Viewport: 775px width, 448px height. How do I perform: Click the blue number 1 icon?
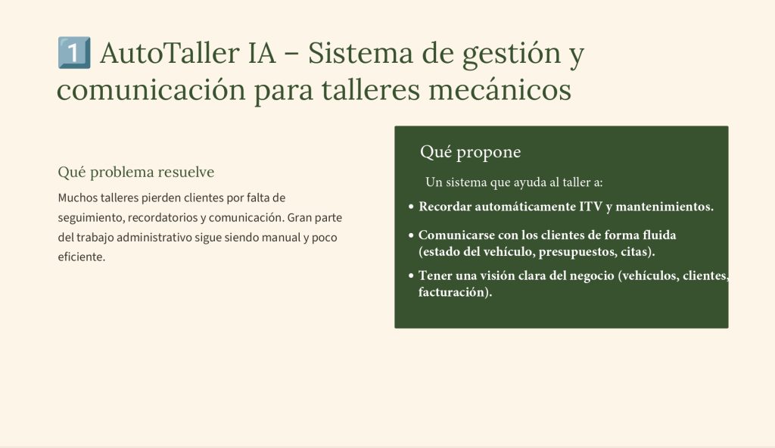click(74, 52)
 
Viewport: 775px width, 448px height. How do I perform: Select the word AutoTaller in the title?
click(170, 53)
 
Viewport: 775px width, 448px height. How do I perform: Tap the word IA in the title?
click(261, 53)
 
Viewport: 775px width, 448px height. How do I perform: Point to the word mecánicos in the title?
click(500, 90)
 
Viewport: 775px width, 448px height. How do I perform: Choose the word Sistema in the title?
click(360, 53)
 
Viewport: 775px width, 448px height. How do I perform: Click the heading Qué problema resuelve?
click(136, 172)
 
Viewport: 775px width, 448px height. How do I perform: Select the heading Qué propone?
click(470, 152)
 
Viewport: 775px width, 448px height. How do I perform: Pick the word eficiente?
click(82, 257)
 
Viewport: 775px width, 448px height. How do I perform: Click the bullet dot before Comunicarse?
click(411, 235)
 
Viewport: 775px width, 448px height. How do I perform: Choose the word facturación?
click(455, 292)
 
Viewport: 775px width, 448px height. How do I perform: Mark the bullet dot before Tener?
click(411, 276)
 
